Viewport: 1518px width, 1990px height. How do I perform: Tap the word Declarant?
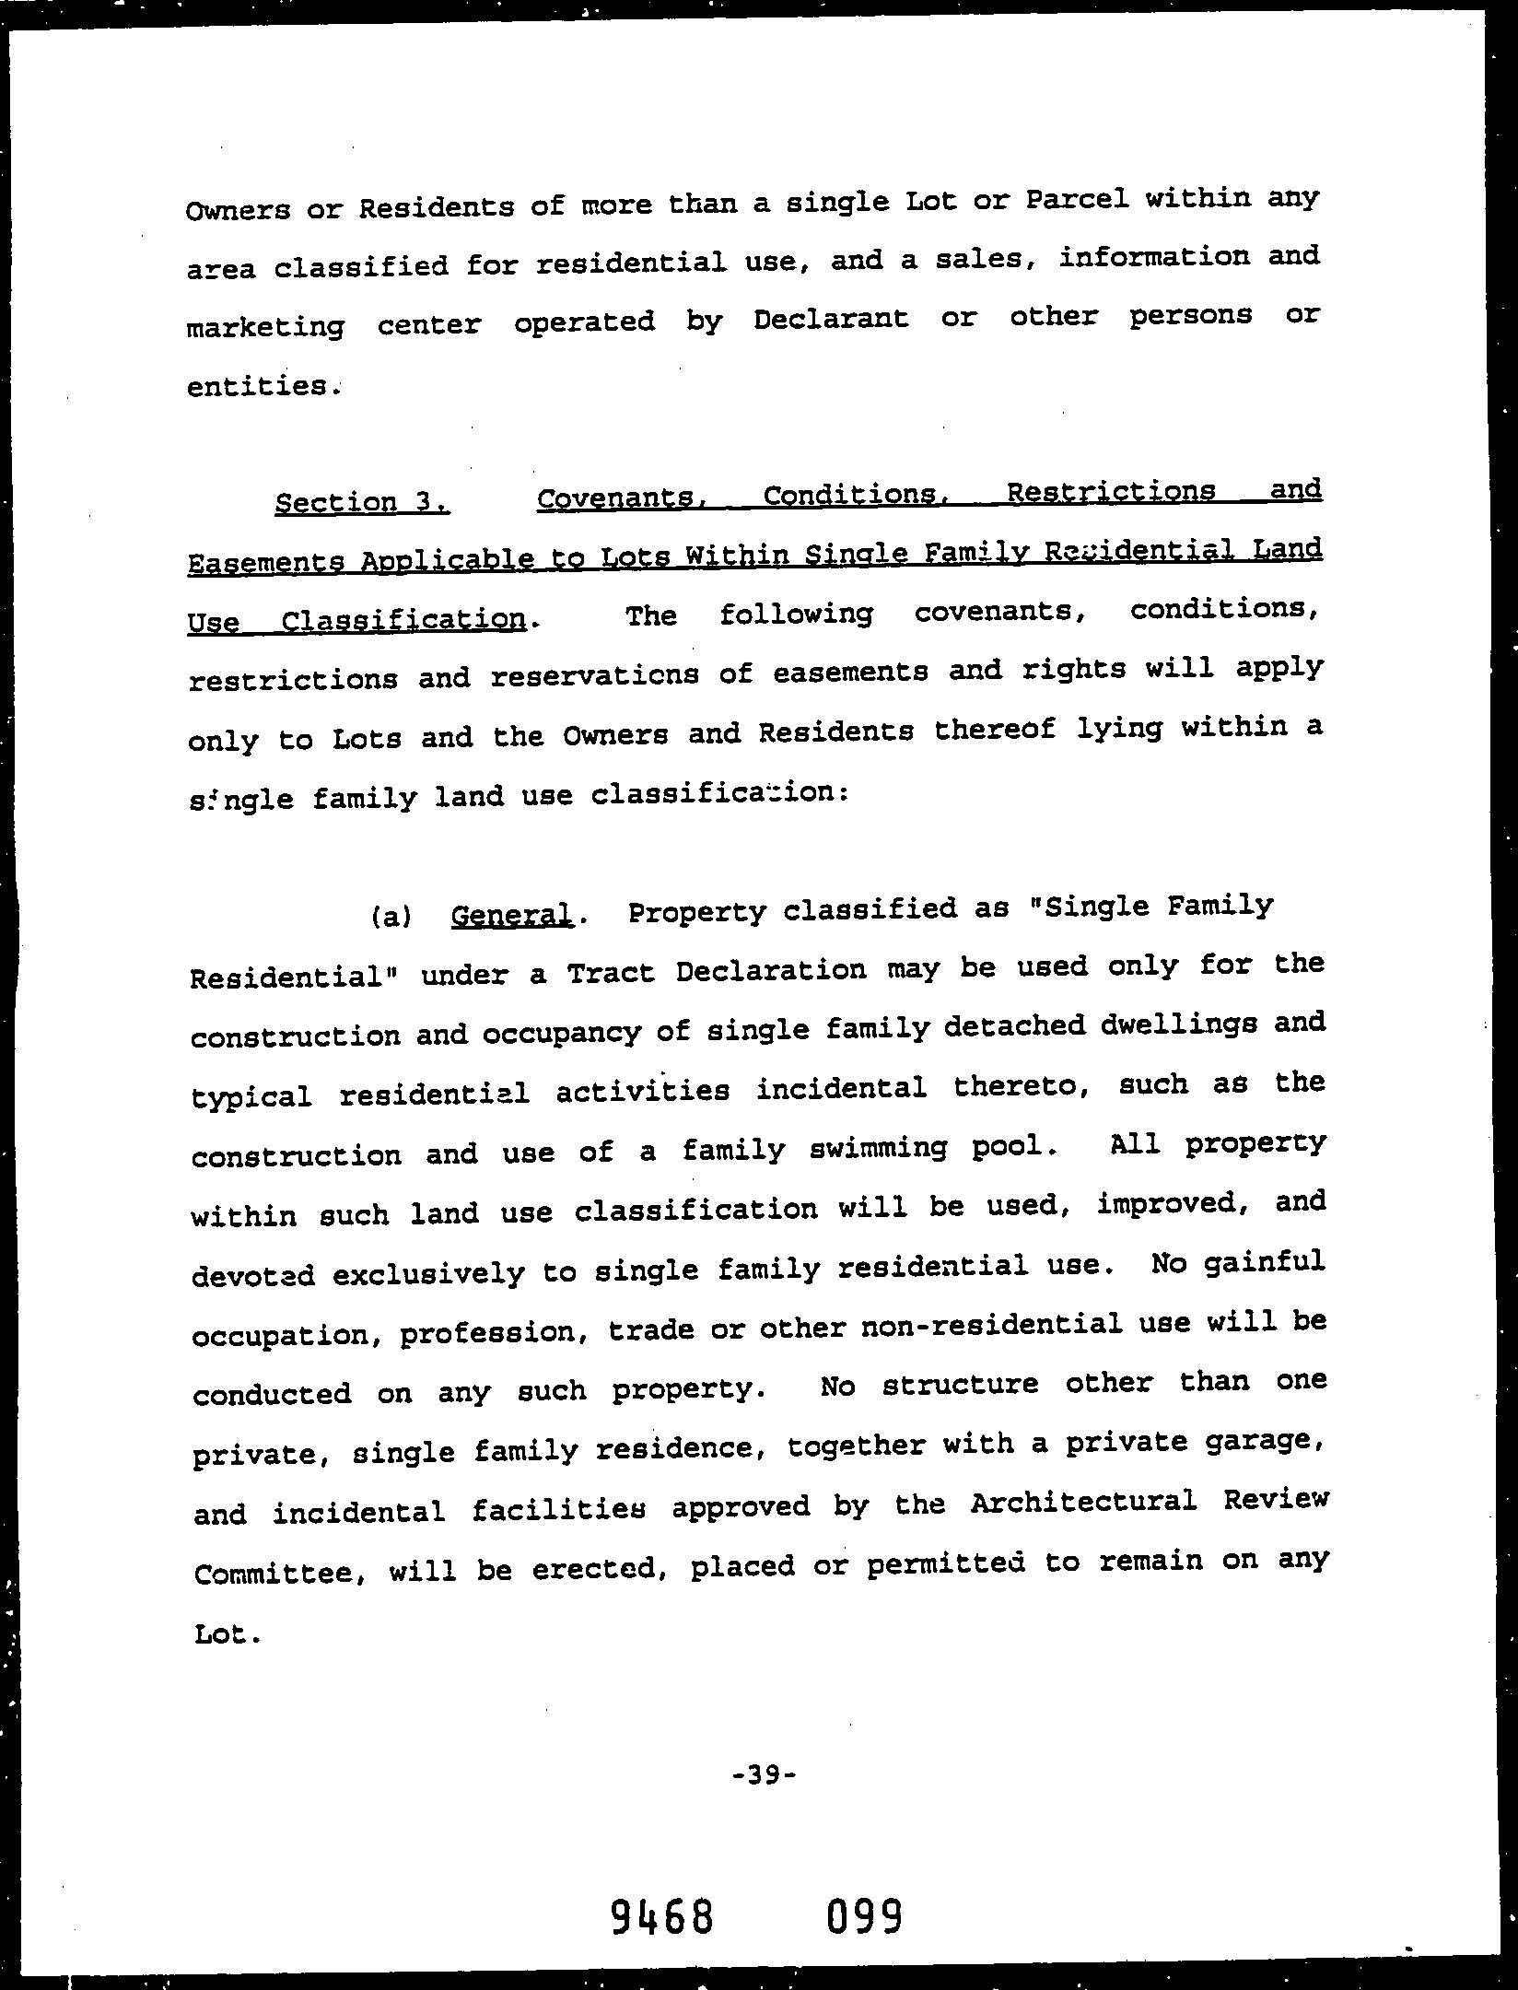(x=831, y=320)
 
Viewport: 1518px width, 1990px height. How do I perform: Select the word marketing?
(x=266, y=327)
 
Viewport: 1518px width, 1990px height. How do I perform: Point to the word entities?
(x=259, y=386)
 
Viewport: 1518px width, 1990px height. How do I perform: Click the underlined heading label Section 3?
(x=362, y=502)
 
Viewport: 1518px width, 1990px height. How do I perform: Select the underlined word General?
(x=511, y=915)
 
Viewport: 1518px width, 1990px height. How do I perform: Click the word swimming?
(x=876, y=1150)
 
